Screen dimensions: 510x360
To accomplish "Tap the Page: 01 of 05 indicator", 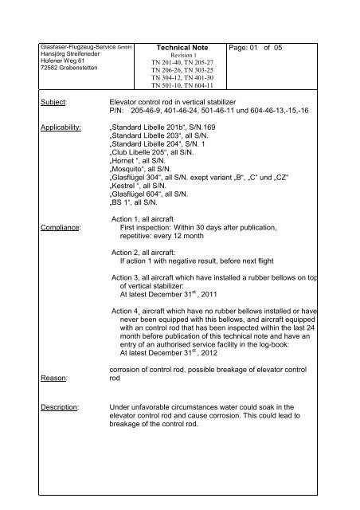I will [x=274, y=48].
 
